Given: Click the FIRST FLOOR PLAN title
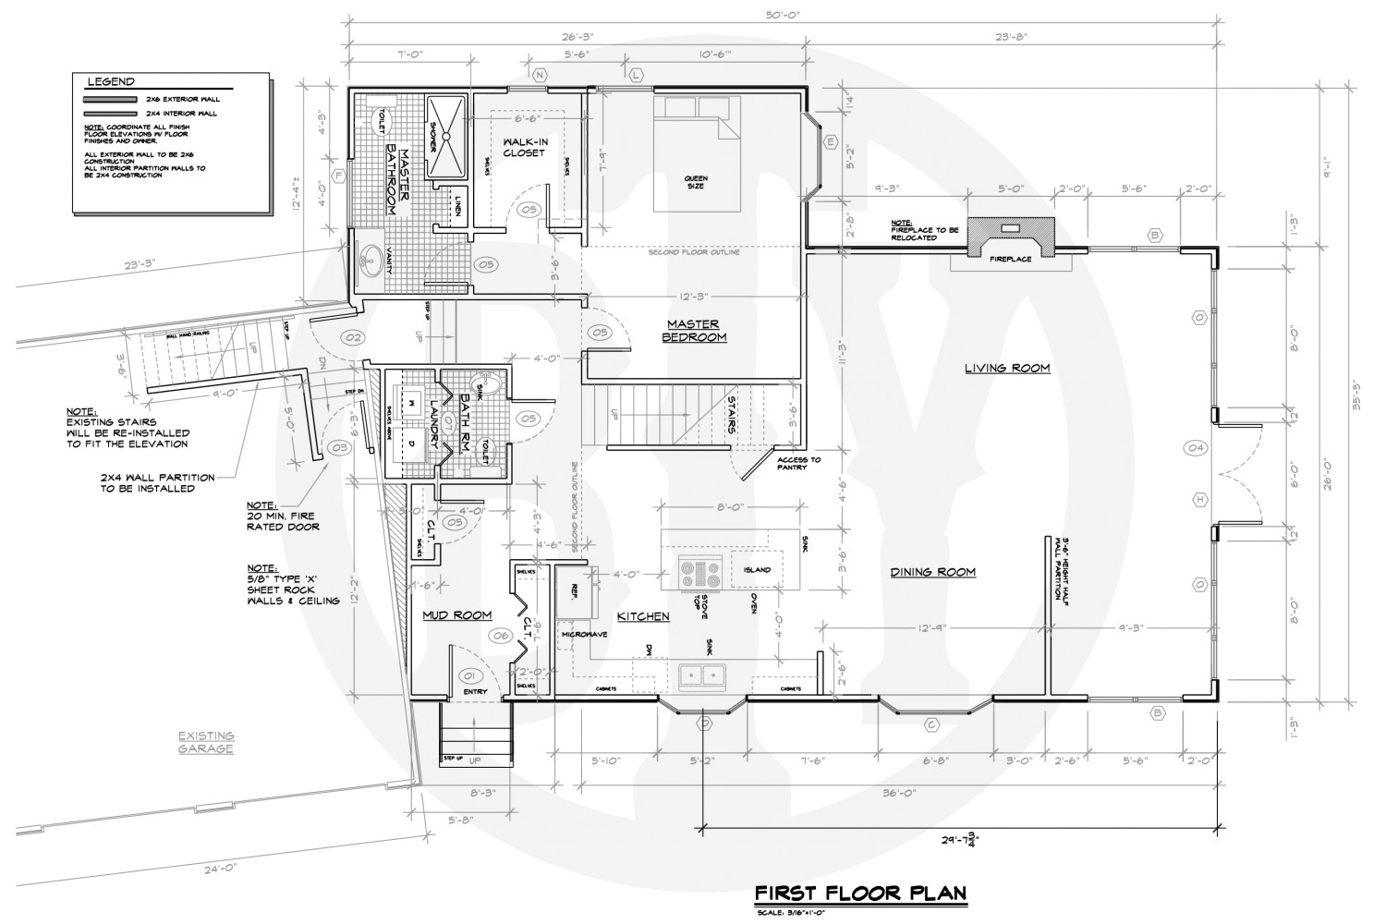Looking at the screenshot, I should (x=860, y=893).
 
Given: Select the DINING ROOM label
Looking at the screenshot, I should (x=932, y=572).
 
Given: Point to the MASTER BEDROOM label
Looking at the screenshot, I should (x=693, y=330).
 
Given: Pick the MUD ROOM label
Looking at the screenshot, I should (x=456, y=615).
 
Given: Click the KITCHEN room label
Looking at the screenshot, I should (x=643, y=615).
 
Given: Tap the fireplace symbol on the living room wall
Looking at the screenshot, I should (x=1011, y=237).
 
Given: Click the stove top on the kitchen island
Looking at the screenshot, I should (x=699, y=573).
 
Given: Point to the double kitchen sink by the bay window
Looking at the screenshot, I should (x=702, y=676).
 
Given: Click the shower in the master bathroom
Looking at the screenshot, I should (x=447, y=135).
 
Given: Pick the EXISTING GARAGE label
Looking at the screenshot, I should (x=207, y=742).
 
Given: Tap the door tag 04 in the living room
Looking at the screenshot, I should (x=1198, y=448).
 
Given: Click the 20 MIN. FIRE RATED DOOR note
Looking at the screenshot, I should (x=283, y=517).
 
